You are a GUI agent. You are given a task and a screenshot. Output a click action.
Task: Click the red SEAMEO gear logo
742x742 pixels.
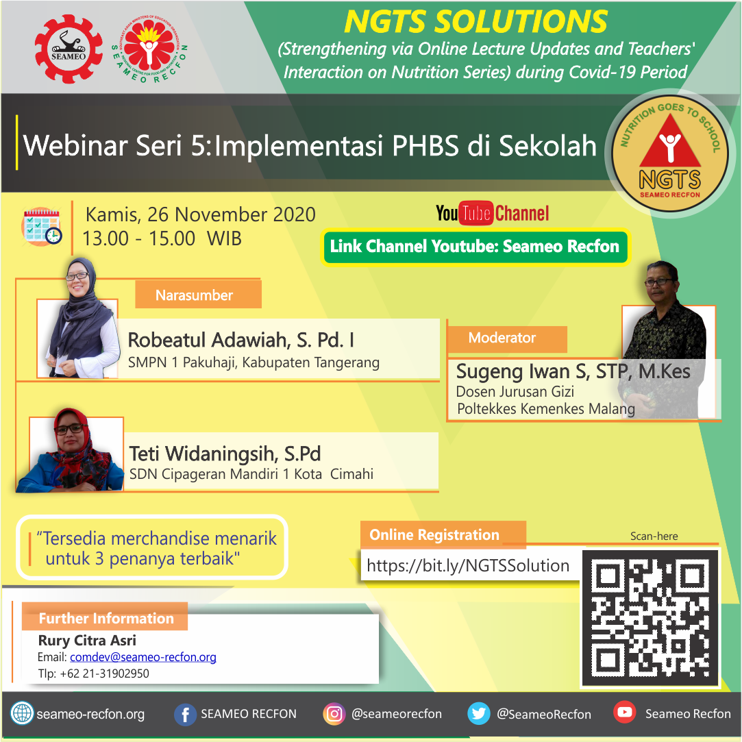coord(69,49)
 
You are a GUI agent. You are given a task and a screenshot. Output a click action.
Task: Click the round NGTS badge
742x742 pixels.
coord(669,153)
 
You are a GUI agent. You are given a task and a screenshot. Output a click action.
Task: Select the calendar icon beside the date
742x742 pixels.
coord(42,226)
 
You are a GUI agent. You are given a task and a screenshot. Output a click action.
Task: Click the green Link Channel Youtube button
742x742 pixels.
coord(475,247)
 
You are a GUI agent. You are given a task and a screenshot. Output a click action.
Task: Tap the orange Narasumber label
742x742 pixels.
coord(198,295)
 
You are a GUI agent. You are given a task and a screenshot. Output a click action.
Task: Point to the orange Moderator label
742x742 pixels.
coord(507,338)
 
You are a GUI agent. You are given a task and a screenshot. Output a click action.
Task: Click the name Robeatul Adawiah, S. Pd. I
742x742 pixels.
coord(241,341)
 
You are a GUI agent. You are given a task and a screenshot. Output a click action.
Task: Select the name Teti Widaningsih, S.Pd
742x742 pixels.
coord(225,454)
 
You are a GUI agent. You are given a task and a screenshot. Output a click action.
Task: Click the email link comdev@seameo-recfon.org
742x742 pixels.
coord(143,657)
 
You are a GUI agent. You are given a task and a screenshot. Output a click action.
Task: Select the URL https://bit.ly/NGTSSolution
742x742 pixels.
coord(468,565)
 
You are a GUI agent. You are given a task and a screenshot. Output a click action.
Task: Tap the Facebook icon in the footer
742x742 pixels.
coord(185,714)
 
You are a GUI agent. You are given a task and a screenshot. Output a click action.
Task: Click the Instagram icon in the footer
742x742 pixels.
coord(334,714)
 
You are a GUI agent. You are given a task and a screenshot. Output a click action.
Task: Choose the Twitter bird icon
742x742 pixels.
coord(478,714)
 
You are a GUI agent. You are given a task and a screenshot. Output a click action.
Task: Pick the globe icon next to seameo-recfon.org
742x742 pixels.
coord(22,713)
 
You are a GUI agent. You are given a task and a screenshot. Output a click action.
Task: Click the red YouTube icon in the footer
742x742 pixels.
coord(625,712)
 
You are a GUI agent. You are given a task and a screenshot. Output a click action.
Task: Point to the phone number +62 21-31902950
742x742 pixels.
coord(105,674)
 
